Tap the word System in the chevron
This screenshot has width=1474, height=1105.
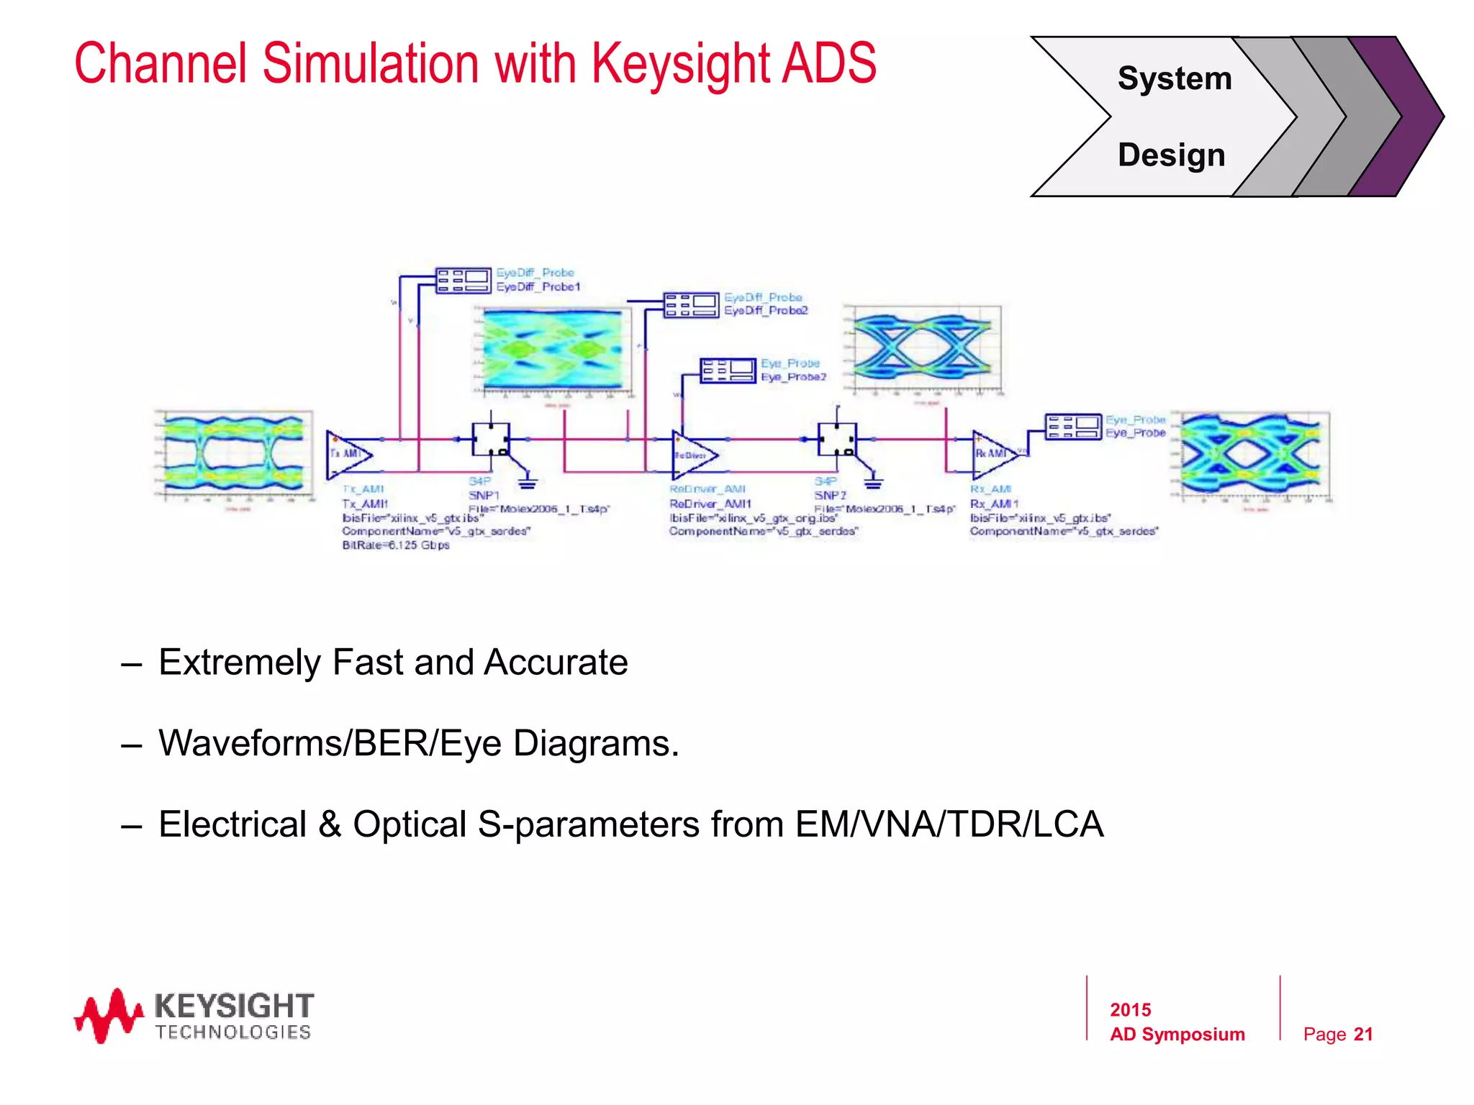click(x=1174, y=78)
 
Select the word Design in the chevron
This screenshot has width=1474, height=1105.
click(x=1171, y=155)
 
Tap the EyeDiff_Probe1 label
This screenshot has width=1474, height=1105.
click(x=538, y=286)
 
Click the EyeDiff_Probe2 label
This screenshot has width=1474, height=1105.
click(x=766, y=311)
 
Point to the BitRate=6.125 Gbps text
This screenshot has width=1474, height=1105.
click(x=396, y=545)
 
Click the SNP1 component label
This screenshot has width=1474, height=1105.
click(x=484, y=496)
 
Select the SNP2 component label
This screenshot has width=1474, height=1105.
click(x=830, y=496)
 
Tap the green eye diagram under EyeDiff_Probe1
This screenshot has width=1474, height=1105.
click(x=553, y=350)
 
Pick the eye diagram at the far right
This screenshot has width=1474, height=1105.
click(x=1254, y=455)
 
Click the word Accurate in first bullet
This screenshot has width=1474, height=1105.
click(x=555, y=662)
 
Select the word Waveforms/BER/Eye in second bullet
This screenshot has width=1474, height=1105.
click(x=330, y=743)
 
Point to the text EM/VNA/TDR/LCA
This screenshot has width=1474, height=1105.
click(x=949, y=824)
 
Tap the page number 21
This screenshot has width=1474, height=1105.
click(x=1362, y=1034)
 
